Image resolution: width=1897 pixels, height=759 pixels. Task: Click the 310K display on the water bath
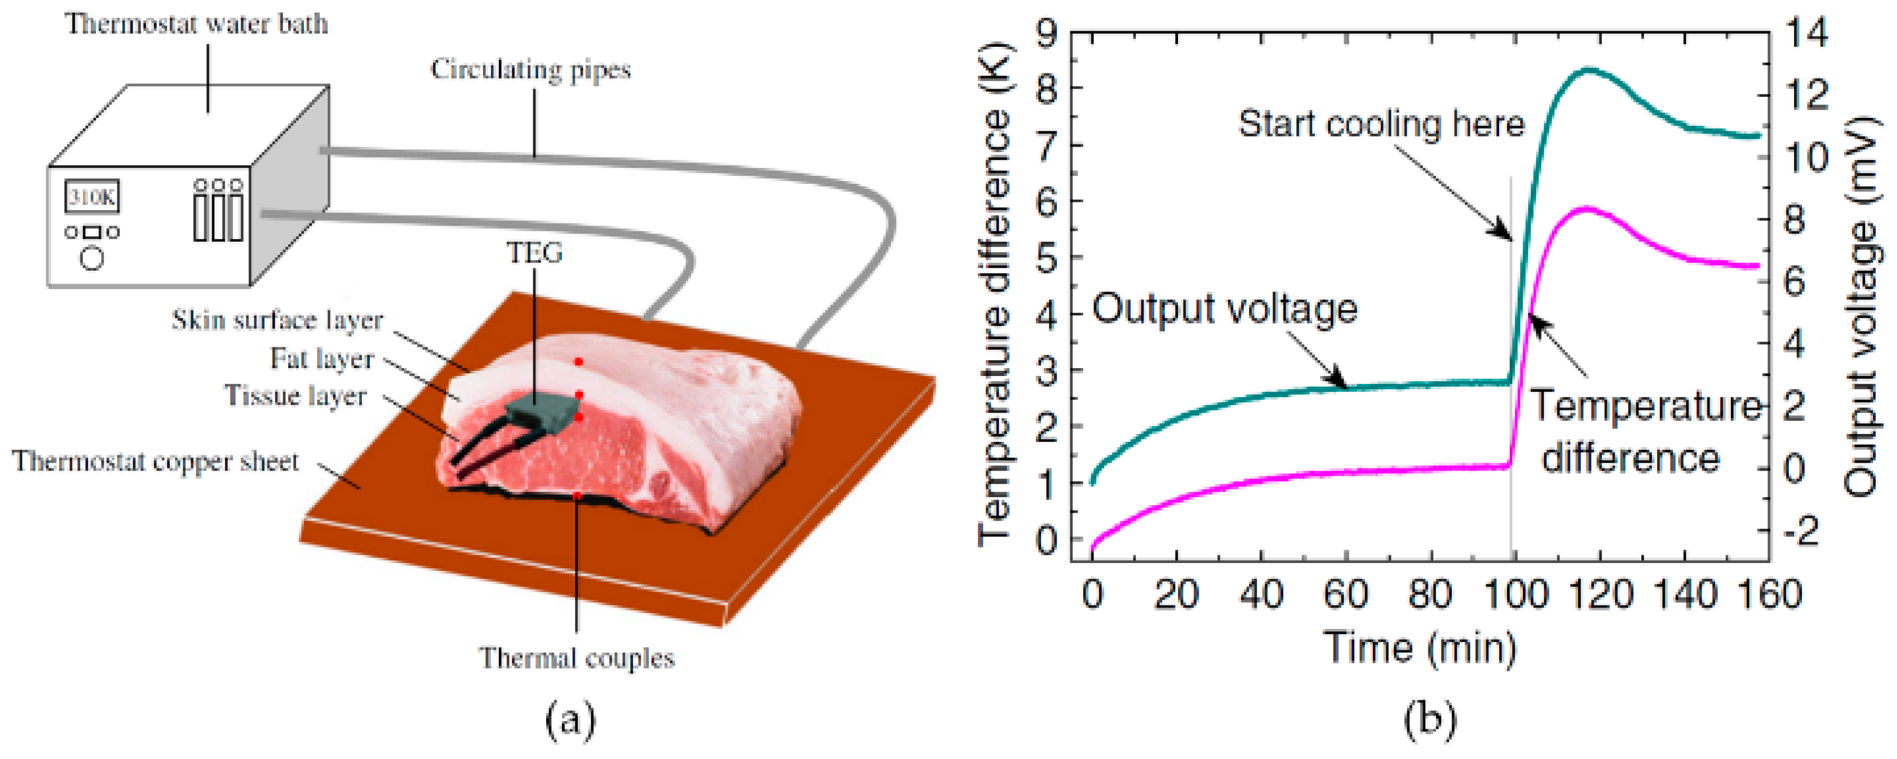[92, 197]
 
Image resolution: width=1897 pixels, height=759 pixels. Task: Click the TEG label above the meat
[535, 253]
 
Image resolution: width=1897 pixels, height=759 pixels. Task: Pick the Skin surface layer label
[278, 320]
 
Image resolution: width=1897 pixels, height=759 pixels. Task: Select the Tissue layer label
[296, 396]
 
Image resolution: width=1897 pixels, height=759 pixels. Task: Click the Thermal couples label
[577, 658]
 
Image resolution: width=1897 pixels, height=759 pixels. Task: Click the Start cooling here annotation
[1381, 124]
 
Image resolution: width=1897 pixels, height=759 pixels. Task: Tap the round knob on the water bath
[92, 259]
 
